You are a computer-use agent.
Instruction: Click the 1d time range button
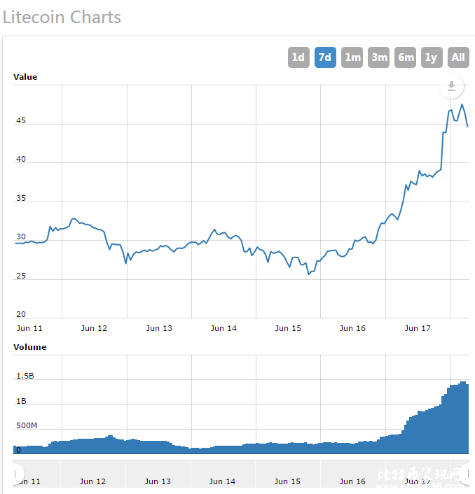point(298,57)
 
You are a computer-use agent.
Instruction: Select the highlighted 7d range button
point(324,57)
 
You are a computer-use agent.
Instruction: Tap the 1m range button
point(352,57)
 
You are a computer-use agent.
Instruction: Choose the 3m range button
point(379,57)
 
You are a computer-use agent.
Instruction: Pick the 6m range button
point(406,57)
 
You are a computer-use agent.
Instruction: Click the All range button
point(458,57)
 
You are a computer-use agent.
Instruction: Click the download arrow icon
point(451,86)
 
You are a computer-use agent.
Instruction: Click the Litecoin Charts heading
point(62,17)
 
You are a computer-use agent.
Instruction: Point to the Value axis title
point(25,77)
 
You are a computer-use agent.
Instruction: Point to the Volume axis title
point(30,347)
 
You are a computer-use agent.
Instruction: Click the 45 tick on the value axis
point(21,120)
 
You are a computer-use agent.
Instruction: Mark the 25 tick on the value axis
point(21,276)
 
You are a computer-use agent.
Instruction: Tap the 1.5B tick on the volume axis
point(25,376)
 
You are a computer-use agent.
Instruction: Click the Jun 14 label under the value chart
point(223,328)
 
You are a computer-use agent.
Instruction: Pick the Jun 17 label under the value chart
point(418,328)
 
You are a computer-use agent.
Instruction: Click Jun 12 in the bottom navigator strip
point(92,481)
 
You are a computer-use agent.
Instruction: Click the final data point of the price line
point(467,126)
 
